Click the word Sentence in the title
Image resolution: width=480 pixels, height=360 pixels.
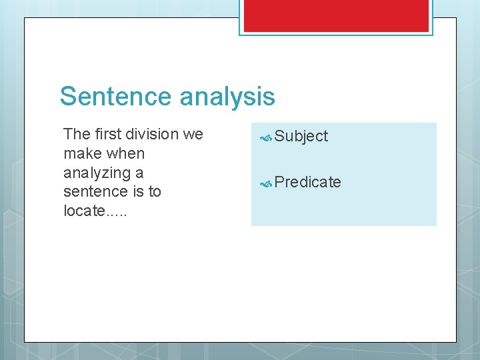click(x=116, y=97)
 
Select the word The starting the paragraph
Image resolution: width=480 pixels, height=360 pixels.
click(x=77, y=134)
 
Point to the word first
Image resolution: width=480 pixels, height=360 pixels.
click(x=108, y=134)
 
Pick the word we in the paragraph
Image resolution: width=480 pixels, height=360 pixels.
click(x=193, y=135)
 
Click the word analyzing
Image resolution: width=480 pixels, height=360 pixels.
click(x=95, y=173)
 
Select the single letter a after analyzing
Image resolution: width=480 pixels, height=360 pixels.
click(x=139, y=173)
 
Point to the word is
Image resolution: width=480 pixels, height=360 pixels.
click(x=136, y=192)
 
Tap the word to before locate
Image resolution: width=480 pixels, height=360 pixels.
click(x=155, y=192)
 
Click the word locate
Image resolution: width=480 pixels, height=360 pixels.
click(x=82, y=211)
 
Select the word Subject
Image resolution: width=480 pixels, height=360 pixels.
click(x=301, y=137)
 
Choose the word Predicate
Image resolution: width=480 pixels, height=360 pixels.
click(x=308, y=182)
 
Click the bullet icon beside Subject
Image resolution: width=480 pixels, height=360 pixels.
click(x=266, y=137)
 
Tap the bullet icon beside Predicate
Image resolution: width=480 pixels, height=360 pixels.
click(x=266, y=183)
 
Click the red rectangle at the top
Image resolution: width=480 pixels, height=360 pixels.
click(x=336, y=15)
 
